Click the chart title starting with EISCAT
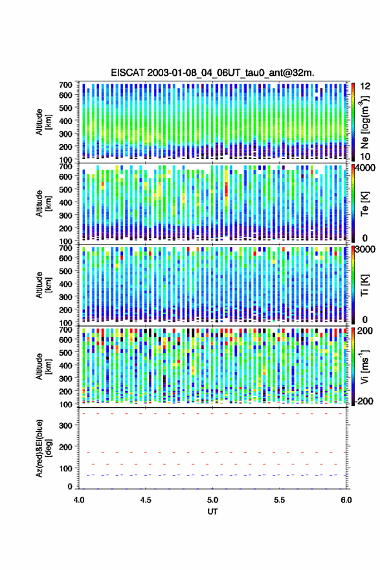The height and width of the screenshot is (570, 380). [212, 73]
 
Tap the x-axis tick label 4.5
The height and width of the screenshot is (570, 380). [146, 500]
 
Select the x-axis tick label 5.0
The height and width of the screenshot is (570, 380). [212, 500]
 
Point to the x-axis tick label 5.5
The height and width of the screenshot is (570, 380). [279, 500]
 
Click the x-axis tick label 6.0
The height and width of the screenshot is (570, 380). [346, 500]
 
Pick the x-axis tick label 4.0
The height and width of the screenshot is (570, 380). [79, 500]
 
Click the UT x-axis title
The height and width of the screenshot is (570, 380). [212, 512]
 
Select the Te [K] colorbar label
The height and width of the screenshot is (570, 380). [364, 204]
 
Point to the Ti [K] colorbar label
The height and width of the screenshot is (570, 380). [364, 285]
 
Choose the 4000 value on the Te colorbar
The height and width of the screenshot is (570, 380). [365, 168]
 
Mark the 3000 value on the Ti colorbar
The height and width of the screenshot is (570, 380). [365, 250]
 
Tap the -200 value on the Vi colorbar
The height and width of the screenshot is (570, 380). [363, 401]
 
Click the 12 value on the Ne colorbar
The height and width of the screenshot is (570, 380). [365, 86]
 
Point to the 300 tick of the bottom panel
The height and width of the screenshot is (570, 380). [65, 425]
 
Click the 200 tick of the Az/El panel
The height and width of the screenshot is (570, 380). [65, 447]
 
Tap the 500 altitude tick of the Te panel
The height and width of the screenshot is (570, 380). [65, 189]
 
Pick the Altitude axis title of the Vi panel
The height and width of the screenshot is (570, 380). [43, 366]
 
